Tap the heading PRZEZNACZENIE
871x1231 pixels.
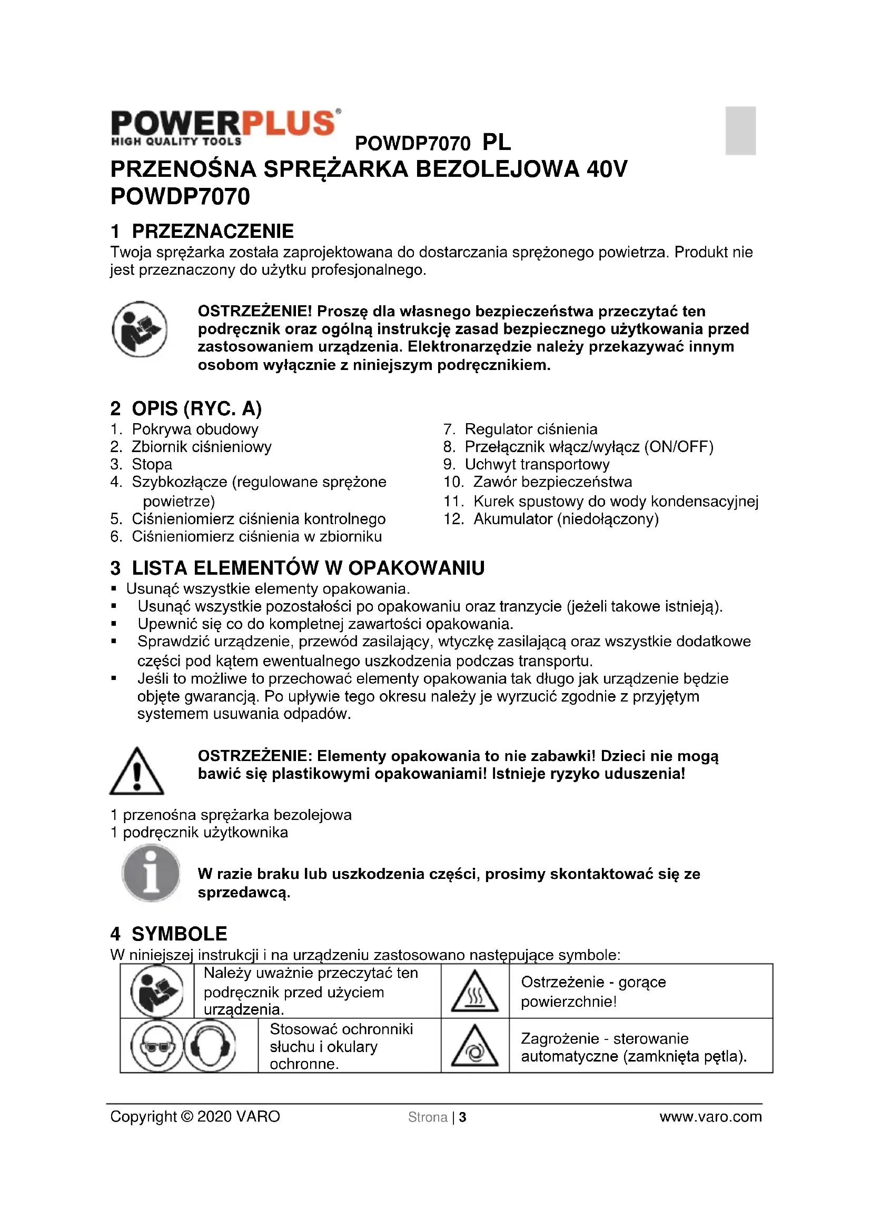point(212,231)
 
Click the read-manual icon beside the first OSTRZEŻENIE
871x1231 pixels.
point(140,329)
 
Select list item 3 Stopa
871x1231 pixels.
point(152,464)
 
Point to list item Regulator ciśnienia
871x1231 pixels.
point(530,429)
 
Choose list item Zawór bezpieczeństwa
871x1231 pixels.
point(552,482)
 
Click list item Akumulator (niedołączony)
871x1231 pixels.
point(565,518)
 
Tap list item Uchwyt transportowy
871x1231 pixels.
point(536,464)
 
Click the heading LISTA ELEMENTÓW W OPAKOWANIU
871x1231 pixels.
point(308,568)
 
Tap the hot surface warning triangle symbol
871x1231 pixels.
point(474,992)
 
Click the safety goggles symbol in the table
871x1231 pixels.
point(156,1046)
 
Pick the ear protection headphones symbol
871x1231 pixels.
point(210,1046)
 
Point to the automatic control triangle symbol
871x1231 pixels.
point(474,1047)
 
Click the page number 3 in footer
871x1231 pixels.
point(463,1117)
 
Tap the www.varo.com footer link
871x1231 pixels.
point(710,1117)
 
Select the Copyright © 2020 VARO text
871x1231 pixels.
point(195,1117)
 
